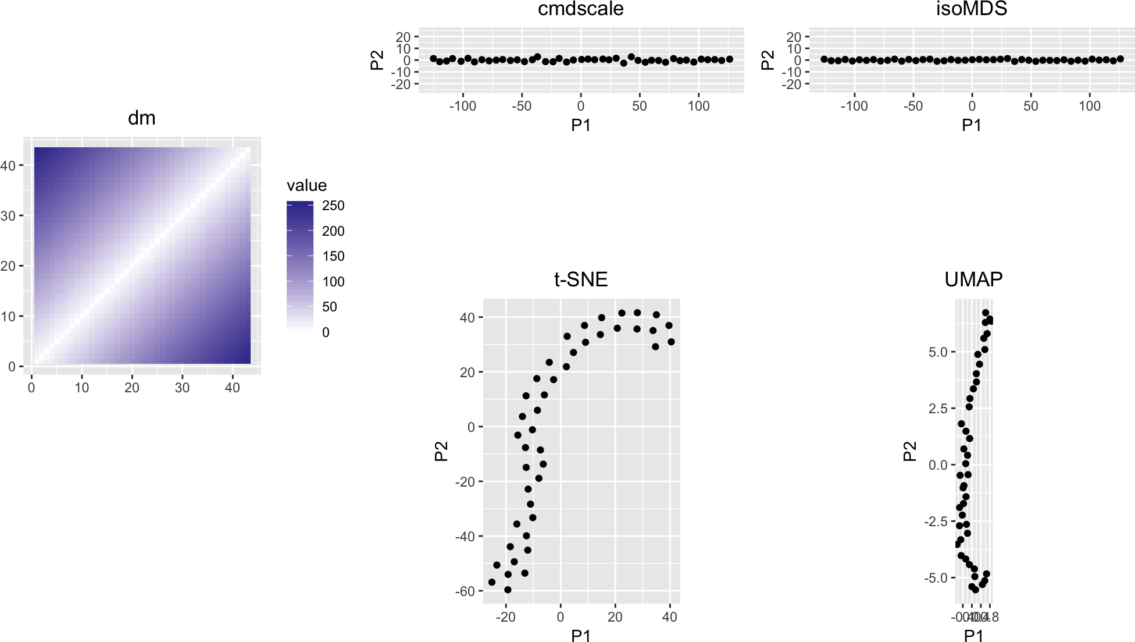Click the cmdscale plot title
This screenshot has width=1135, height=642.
click(x=580, y=9)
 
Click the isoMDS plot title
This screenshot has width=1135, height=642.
click(x=971, y=9)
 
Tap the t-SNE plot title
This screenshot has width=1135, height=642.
click(x=580, y=279)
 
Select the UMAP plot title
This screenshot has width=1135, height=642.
click(x=973, y=279)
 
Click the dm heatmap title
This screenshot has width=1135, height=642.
click(x=141, y=118)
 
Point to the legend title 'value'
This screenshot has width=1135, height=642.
click(x=306, y=186)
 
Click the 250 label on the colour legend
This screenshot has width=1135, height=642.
click(x=333, y=205)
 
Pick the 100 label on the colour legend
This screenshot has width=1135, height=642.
click(x=333, y=282)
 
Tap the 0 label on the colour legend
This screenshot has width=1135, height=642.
click(x=326, y=332)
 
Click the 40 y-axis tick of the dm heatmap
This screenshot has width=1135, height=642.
click(x=8, y=166)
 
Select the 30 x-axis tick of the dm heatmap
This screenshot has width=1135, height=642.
click(x=182, y=388)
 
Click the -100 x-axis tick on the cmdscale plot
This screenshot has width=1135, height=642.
click(x=463, y=106)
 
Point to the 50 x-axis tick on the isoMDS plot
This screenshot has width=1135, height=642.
click(x=1030, y=106)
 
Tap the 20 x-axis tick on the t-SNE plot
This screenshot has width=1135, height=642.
click(x=615, y=617)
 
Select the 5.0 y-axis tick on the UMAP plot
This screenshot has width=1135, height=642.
click(x=937, y=352)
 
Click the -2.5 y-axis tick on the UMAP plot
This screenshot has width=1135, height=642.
click(x=936, y=522)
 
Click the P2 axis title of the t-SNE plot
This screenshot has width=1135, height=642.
click(x=441, y=451)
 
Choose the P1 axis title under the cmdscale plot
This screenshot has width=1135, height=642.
click(x=580, y=125)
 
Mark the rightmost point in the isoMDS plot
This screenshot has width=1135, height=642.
click(x=1120, y=59)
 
